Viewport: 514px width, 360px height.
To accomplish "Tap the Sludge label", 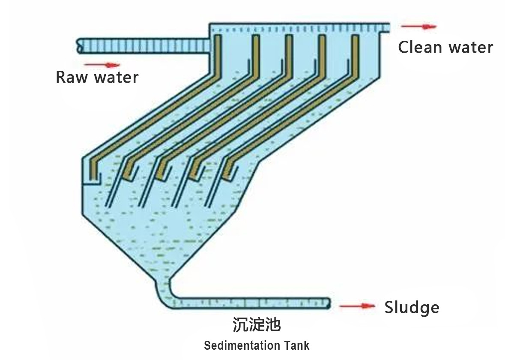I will (x=412, y=307).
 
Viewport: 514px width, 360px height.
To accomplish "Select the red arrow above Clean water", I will (x=418, y=27).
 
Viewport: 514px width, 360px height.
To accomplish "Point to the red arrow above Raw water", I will (x=102, y=65).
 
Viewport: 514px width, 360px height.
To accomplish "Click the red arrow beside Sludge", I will (x=357, y=306).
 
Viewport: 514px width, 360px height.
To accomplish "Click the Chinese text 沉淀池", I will (x=257, y=324).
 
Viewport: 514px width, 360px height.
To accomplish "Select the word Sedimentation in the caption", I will (x=242, y=345).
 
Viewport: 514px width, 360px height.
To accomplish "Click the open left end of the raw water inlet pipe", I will (x=79, y=46).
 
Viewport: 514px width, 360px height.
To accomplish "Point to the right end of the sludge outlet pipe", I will (x=329, y=303).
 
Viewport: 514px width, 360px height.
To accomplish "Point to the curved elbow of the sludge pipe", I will (x=165, y=296).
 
